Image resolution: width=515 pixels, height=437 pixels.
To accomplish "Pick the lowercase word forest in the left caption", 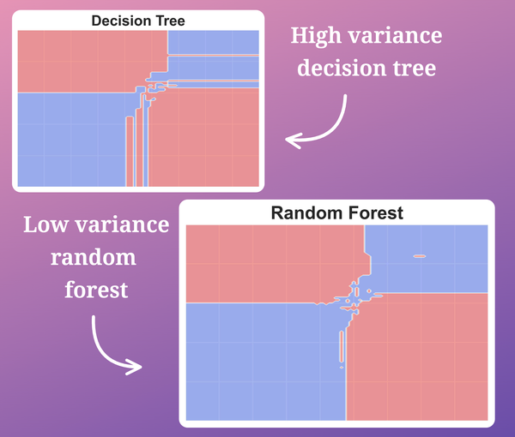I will [96, 290].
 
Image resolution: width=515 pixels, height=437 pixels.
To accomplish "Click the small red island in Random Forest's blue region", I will [420, 255].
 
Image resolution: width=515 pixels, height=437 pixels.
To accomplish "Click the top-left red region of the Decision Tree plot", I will [86, 60].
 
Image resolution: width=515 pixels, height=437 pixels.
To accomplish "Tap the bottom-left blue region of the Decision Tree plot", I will [69, 141].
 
